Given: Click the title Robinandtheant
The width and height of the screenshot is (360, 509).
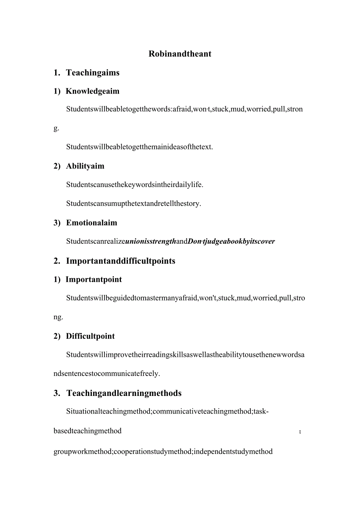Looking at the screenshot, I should (180, 54).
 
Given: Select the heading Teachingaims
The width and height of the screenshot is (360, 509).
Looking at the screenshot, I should (93, 73).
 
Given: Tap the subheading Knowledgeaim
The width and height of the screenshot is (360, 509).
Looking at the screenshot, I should (92, 92).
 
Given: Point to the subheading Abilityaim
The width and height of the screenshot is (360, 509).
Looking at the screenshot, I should (85, 166).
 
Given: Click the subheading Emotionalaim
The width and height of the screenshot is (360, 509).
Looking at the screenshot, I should (92, 223).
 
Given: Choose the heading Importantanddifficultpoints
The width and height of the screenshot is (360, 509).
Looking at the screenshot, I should (121, 261).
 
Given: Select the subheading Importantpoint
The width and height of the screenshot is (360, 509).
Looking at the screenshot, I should (94, 280).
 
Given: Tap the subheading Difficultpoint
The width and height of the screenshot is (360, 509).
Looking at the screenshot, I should (90, 336).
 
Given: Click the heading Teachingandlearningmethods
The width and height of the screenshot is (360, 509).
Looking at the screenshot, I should (124, 393).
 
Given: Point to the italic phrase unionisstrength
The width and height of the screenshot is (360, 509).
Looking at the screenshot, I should (150, 241).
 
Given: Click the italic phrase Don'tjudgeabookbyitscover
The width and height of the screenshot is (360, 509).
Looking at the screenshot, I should (231, 241).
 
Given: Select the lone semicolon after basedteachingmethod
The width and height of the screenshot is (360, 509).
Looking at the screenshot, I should (300, 432).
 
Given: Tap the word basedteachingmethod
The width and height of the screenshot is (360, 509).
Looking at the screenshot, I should (87, 431).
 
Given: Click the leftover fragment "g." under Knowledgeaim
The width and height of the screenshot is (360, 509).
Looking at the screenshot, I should (56, 128).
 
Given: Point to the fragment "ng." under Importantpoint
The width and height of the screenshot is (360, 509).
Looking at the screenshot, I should (58, 317).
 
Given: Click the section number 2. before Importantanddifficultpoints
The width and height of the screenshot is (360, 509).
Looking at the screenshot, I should (57, 261).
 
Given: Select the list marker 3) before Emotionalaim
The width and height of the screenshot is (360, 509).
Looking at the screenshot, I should (57, 223).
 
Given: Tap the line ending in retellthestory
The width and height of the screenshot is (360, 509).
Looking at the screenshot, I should (133, 204).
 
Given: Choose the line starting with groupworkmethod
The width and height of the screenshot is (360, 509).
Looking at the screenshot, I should (163, 452).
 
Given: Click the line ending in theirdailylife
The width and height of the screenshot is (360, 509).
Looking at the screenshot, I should (135, 185).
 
